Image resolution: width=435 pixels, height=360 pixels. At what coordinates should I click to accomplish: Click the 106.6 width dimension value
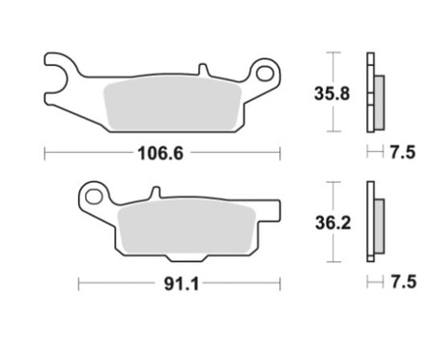[161, 152]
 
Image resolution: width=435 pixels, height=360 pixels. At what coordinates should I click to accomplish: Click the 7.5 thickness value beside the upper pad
[403, 152]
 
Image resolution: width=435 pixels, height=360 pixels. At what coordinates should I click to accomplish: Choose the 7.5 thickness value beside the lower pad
[403, 283]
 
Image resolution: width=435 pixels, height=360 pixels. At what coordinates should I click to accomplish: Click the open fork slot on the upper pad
[55, 67]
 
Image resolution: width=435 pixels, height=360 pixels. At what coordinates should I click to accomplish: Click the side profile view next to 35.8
[371, 93]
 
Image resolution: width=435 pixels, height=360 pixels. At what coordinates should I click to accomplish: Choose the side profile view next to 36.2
[371, 222]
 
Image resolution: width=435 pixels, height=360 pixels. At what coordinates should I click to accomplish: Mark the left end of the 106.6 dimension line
[45, 152]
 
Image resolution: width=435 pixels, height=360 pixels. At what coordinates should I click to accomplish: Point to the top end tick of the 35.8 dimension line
[333, 52]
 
